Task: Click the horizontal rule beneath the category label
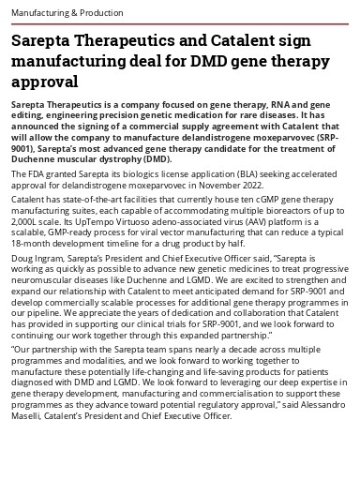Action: coord(180,22)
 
